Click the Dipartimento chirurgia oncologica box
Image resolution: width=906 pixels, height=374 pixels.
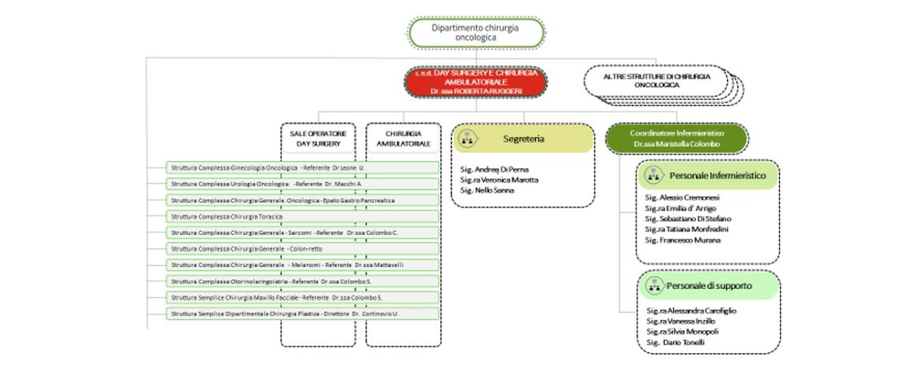(x=476, y=32)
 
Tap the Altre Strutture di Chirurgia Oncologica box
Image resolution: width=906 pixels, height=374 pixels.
(x=656, y=80)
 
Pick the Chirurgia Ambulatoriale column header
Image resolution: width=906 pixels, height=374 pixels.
(x=402, y=139)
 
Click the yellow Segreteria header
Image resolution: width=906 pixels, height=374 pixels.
(x=522, y=138)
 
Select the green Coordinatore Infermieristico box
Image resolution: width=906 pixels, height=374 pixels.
(x=677, y=138)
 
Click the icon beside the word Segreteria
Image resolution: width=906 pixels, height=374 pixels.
(x=466, y=138)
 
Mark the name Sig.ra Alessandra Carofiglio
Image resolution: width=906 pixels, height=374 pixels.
(x=691, y=311)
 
